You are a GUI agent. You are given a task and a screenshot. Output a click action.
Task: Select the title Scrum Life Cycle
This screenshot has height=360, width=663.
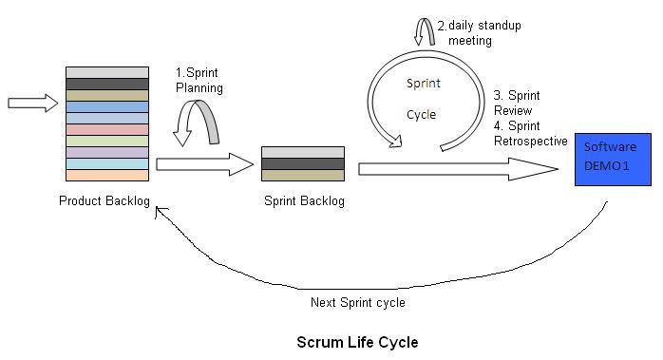click(x=357, y=342)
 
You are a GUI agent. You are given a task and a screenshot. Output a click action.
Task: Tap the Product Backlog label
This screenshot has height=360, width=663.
click(x=104, y=200)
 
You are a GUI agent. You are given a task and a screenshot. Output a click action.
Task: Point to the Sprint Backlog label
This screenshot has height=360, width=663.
click(x=303, y=200)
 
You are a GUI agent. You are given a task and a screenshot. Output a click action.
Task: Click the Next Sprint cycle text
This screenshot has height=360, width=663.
click(x=358, y=303)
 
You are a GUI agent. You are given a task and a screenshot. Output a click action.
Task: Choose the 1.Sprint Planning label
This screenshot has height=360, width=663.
click(x=199, y=81)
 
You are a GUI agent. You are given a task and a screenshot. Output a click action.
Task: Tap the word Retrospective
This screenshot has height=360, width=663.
click(x=531, y=141)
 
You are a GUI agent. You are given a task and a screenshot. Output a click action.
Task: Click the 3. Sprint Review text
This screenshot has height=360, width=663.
click(x=517, y=103)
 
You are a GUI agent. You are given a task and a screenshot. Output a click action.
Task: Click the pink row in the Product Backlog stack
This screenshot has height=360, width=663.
click(x=107, y=129)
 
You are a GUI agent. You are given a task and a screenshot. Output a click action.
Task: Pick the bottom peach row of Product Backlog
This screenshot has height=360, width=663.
click(x=107, y=175)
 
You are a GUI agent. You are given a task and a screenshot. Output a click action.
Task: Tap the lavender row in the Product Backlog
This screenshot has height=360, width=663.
click(x=107, y=152)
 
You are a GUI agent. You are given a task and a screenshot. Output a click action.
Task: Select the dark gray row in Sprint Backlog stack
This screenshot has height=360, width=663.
click(x=302, y=163)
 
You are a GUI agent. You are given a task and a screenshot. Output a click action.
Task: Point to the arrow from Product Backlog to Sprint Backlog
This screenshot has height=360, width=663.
click(x=204, y=164)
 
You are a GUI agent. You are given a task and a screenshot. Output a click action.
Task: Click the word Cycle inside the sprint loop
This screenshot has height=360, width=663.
click(x=422, y=114)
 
